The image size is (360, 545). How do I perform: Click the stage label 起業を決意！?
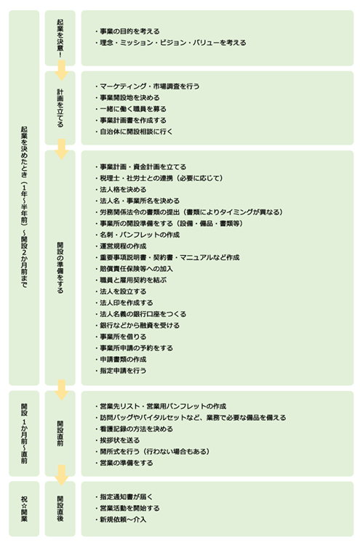pos(60,38)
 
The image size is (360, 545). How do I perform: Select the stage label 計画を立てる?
pos(60,108)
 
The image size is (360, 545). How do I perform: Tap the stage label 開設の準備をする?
pos(60,267)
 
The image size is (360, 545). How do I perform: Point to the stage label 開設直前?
pos(60,433)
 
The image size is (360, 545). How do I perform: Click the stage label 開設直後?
pos(60,509)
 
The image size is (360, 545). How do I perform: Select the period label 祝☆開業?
pos(24,509)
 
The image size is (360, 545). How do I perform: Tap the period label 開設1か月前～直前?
pos(24,433)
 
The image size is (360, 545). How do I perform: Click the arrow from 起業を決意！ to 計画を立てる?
pos(62,70)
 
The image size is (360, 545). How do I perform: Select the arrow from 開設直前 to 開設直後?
pos(62,475)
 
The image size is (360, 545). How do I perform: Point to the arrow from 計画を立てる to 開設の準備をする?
pos(62,149)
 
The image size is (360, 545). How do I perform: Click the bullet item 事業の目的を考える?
pos(127,31)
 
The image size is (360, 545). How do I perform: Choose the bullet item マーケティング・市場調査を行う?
pos(147,86)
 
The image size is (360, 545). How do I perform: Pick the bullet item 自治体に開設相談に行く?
pos(134,132)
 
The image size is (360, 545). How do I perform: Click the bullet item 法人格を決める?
pos(121,190)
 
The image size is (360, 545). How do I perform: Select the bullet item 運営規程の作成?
pos(121,246)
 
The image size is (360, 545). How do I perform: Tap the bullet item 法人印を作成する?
pos(124,303)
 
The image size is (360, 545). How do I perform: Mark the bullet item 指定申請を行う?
pos(121,371)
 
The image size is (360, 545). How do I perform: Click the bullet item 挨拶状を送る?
pos(118,440)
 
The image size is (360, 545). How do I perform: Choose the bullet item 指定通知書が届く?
pos(124,497)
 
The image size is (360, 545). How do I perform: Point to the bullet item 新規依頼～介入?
pos(121,520)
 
